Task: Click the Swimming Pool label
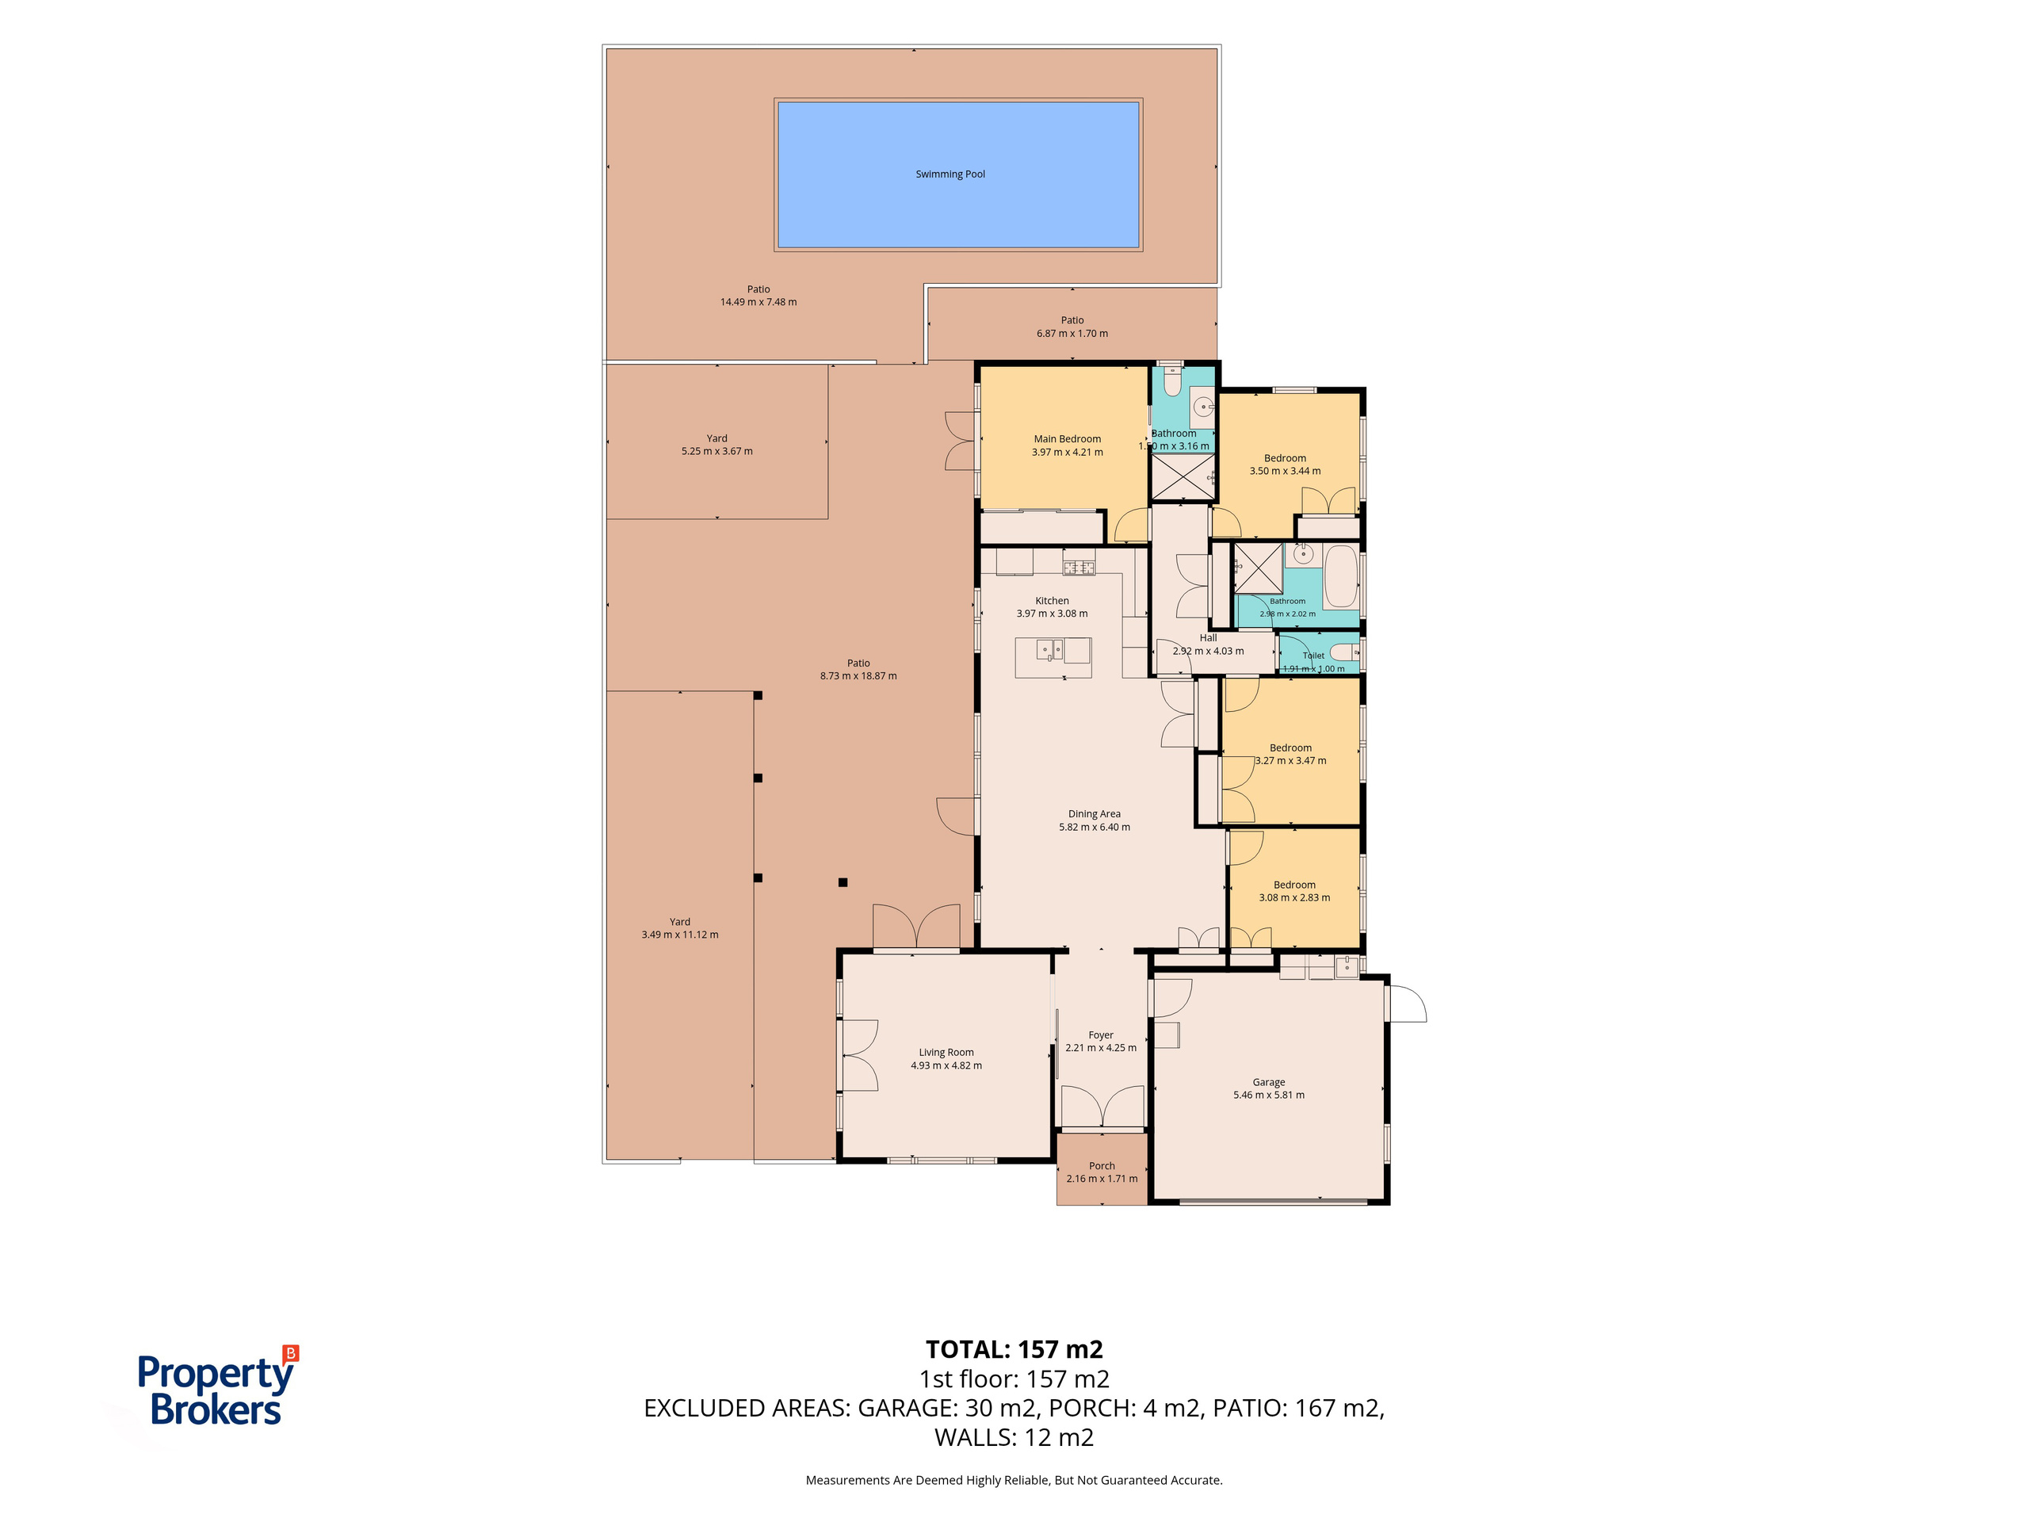tap(950, 174)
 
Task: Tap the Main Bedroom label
tap(1067, 439)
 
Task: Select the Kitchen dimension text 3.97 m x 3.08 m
tap(1052, 614)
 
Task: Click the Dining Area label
tap(1095, 814)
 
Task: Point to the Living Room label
tap(946, 1052)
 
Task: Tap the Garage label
tap(1269, 1083)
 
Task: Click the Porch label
tap(1102, 1166)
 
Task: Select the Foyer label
tap(1101, 1034)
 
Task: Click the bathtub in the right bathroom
tap(1341, 576)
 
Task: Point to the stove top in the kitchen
tap(1079, 568)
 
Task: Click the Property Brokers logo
tap(218, 1386)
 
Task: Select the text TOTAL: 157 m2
tap(1014, 1349)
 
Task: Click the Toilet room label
tap(1313, 656)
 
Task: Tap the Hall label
tap(1208, 637)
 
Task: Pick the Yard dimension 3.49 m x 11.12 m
tap(680, 935)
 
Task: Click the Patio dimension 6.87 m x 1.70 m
tap(1072, 334)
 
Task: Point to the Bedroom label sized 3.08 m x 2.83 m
tap(1294, 885)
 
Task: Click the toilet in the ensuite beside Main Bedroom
tap(1172, 380)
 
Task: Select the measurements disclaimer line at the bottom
tap(1014, 1480)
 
